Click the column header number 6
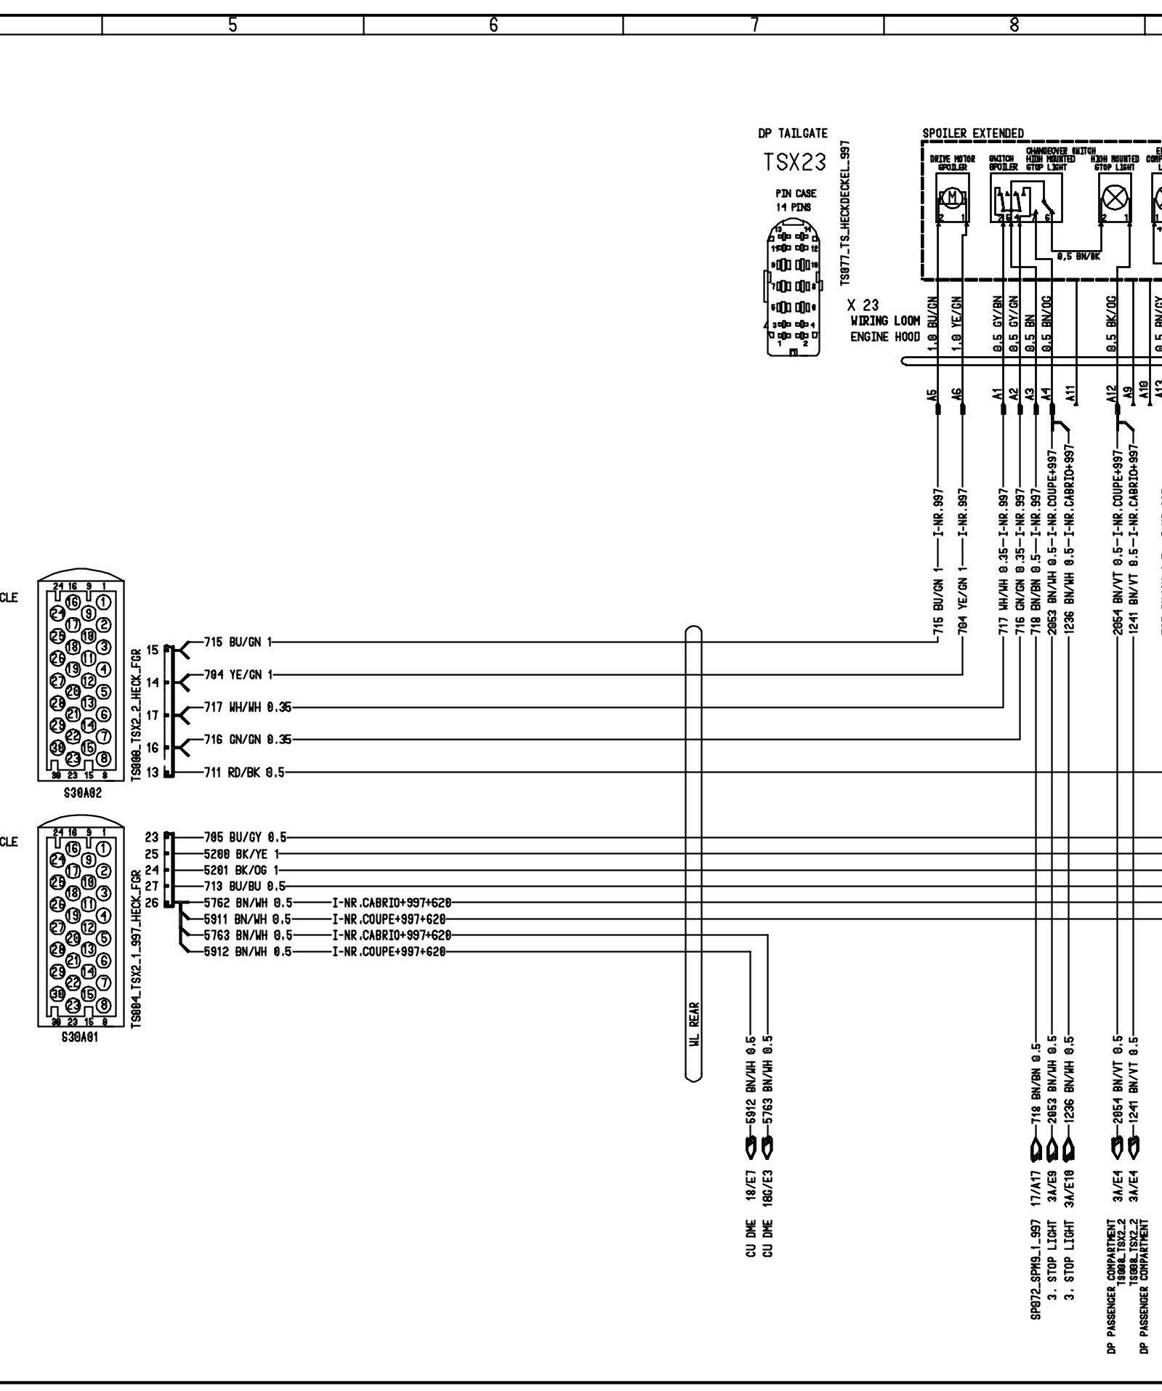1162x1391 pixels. coord(493,25)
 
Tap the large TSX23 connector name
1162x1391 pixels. coord(795,162)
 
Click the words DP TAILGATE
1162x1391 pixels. coord(792,133)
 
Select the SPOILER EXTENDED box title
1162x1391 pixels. coord(972,134)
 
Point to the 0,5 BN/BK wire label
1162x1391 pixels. coord(1078,256)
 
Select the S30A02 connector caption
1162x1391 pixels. coord(83,794)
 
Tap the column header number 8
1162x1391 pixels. coord(1014,25)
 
